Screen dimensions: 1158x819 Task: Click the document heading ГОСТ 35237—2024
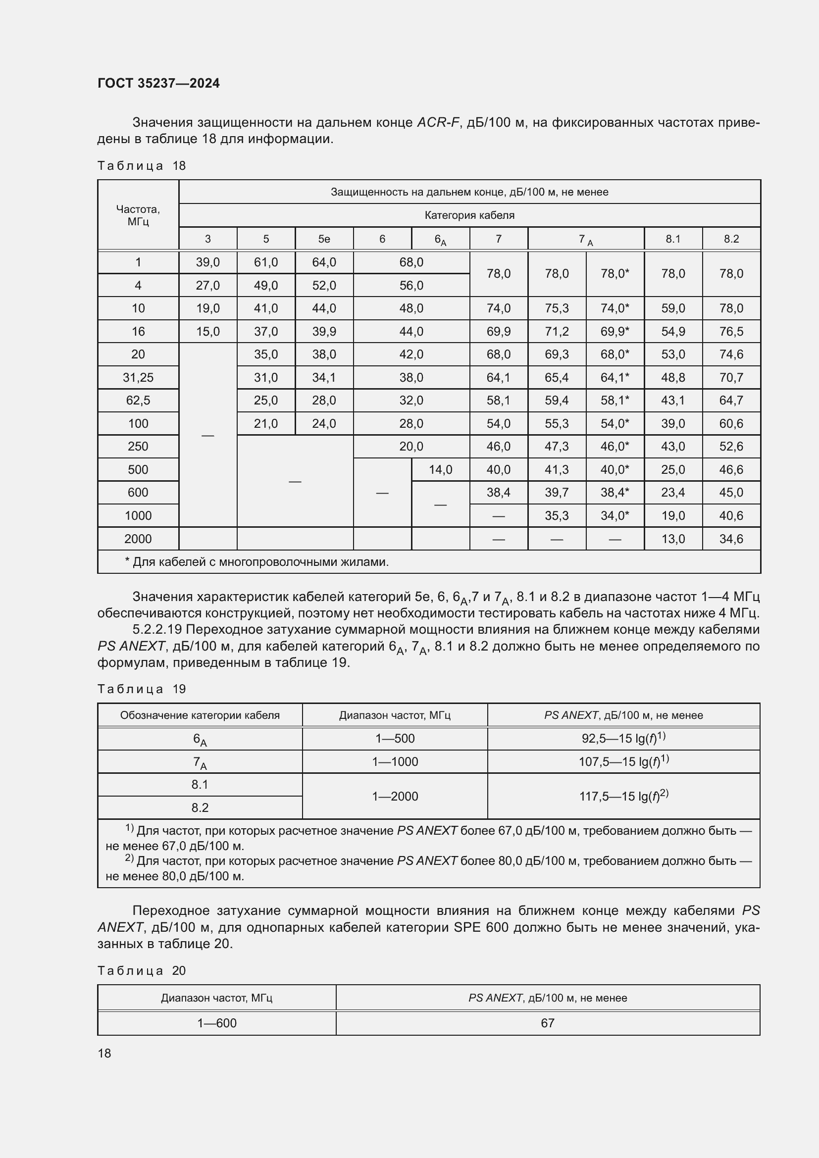coord(158,83)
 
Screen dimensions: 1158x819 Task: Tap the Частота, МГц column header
coord(138,215)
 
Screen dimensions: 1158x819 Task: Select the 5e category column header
coord(324,239)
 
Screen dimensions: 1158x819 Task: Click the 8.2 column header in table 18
coord(731,239)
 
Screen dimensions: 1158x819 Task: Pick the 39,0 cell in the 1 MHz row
coord(207,262)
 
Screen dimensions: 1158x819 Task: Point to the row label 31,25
coord(138,377)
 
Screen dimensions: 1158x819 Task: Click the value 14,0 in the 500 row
coord(440,469)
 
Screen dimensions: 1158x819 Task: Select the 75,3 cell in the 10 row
coord(556,308)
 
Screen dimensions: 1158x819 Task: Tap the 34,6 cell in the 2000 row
coord(731,539)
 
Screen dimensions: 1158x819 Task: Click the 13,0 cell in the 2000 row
coord(673,539)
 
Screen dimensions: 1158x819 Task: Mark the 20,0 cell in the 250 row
coord(411,447)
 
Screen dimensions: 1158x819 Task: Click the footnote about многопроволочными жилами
coord(256,562)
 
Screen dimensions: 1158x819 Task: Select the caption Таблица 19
coord(141,689)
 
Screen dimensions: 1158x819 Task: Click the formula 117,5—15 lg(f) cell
coord(623,797)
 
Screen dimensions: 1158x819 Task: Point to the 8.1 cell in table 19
coord(200,784)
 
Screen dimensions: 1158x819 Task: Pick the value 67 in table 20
coord(547,1023)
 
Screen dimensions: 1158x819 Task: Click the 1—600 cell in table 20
coord(216,1023)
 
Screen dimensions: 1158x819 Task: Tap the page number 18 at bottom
coord(104,1053)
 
